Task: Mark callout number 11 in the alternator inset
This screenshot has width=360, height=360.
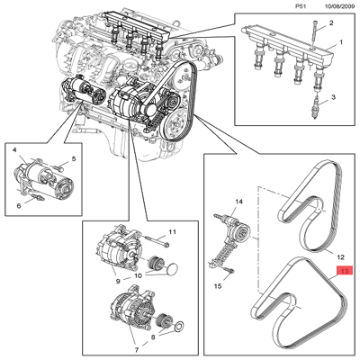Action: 173,233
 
